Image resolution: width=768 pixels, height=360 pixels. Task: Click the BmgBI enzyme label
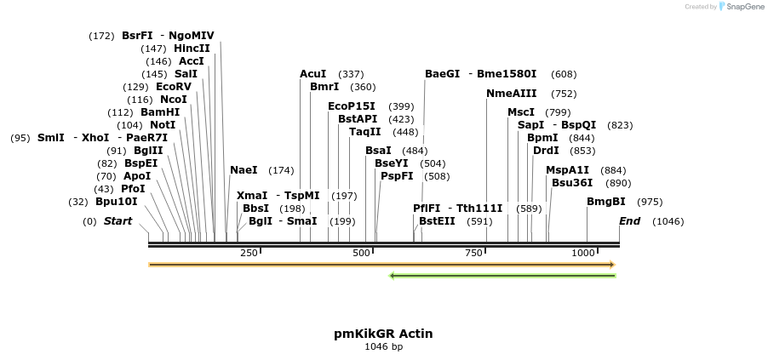[x=606, y=202]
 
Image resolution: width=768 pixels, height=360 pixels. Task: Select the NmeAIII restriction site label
[x=512, y=94]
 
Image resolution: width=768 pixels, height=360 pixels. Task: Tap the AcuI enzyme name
[x=313, y=74]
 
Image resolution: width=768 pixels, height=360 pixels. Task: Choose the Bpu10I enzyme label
[x=116, y=202]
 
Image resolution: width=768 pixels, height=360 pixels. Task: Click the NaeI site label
[x=244, y=170]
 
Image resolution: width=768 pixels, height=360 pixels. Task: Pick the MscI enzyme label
[x=521, y=112]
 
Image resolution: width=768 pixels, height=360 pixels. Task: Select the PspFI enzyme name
[x=397, y=176]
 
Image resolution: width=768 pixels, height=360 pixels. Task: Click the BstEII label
[x=437, y=221]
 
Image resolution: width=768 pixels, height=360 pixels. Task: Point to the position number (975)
[x=650, y=202]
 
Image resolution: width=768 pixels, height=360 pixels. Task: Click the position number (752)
[x=564, y=94]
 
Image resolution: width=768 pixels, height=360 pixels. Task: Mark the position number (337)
[x=351, y=74]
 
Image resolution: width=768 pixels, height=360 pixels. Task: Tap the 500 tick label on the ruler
[x=362, y=253]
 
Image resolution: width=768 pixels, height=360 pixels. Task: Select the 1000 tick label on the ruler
[x=583, y=253]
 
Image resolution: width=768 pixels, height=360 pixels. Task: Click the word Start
[x=118, y=221]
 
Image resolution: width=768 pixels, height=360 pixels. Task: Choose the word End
[x=630, y=221]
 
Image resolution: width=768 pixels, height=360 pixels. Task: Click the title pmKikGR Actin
[x=383, y=334]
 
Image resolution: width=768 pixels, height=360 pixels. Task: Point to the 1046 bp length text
[x=383, y=346]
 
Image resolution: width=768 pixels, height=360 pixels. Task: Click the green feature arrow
[x=502, y=276]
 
